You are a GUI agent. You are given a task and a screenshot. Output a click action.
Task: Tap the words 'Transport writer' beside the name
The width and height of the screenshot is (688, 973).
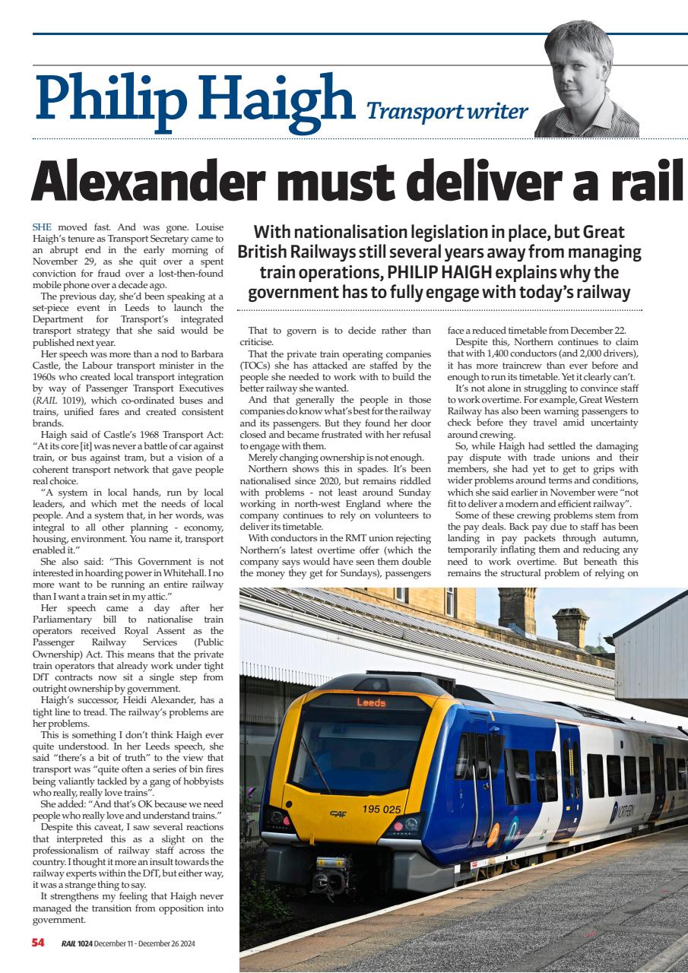point(447,112)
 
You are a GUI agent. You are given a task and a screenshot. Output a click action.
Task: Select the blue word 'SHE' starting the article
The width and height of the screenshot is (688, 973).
point(43,227)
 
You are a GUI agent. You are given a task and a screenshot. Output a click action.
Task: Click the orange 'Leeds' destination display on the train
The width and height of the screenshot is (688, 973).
point(371,702)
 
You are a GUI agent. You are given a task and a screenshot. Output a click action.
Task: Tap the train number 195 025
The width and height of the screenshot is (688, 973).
point(382,809)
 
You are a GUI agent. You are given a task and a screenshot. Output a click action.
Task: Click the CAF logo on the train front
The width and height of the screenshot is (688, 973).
point(338,813)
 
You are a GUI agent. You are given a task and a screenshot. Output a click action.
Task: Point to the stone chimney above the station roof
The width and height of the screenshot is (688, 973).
point(570,626)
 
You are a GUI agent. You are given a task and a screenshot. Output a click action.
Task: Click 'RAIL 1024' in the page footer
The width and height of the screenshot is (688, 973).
point(78,943)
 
